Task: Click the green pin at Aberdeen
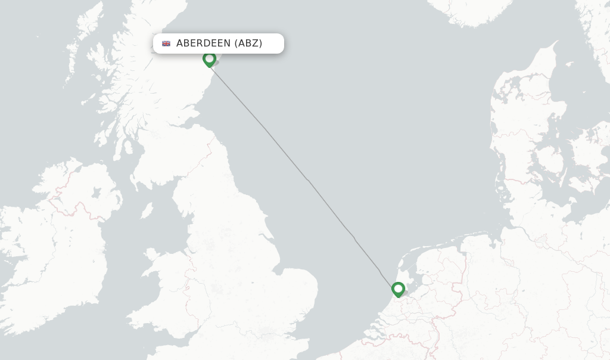tap(209, 59)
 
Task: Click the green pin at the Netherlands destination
tap(398, 289)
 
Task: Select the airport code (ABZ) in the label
tap(248, 44)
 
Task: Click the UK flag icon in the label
tap(166, 44)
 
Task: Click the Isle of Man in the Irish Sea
tap(146, 210)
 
